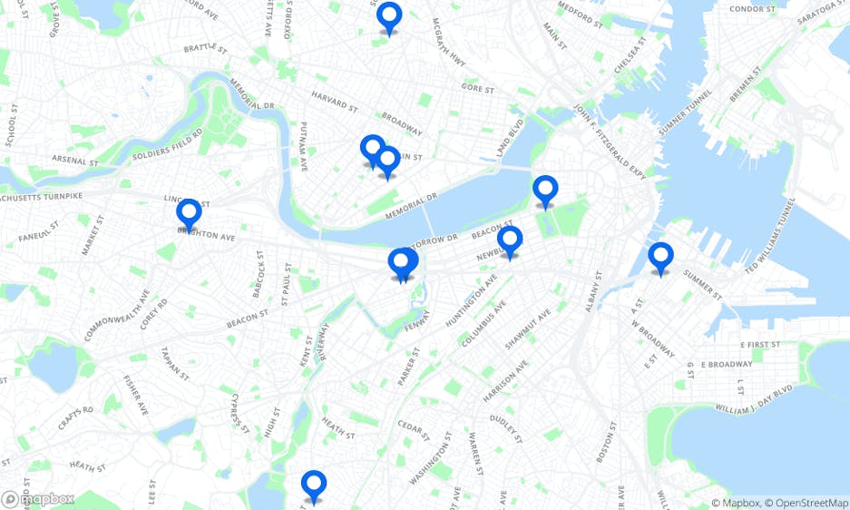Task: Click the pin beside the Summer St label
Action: (660, 258)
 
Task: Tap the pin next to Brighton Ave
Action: (189, 214)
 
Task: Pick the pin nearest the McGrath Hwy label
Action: (389, 17)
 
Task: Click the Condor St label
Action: (750, 10)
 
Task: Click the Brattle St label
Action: (203, 48)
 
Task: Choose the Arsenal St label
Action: (75, 161)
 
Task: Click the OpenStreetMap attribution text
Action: (806, 503)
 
